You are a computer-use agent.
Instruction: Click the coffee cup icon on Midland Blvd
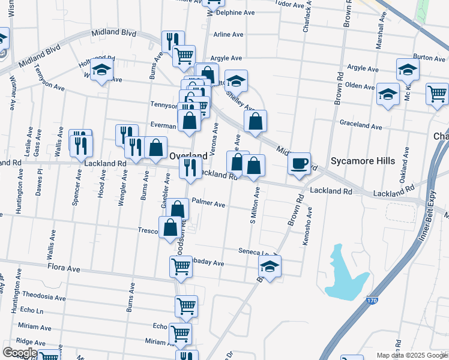pos(299,163)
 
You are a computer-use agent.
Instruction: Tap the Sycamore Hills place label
pos(363,161)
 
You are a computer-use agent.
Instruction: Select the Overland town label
pos(188,155)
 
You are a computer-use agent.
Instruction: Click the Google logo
pos(19,353)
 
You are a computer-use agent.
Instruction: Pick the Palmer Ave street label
pos(208,205)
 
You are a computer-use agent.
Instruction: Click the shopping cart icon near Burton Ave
pos(437,94)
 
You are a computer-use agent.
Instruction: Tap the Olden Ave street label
pos(360,86)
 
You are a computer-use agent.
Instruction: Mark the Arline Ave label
pos(228,35)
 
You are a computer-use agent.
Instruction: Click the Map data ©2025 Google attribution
pos(412,355)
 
